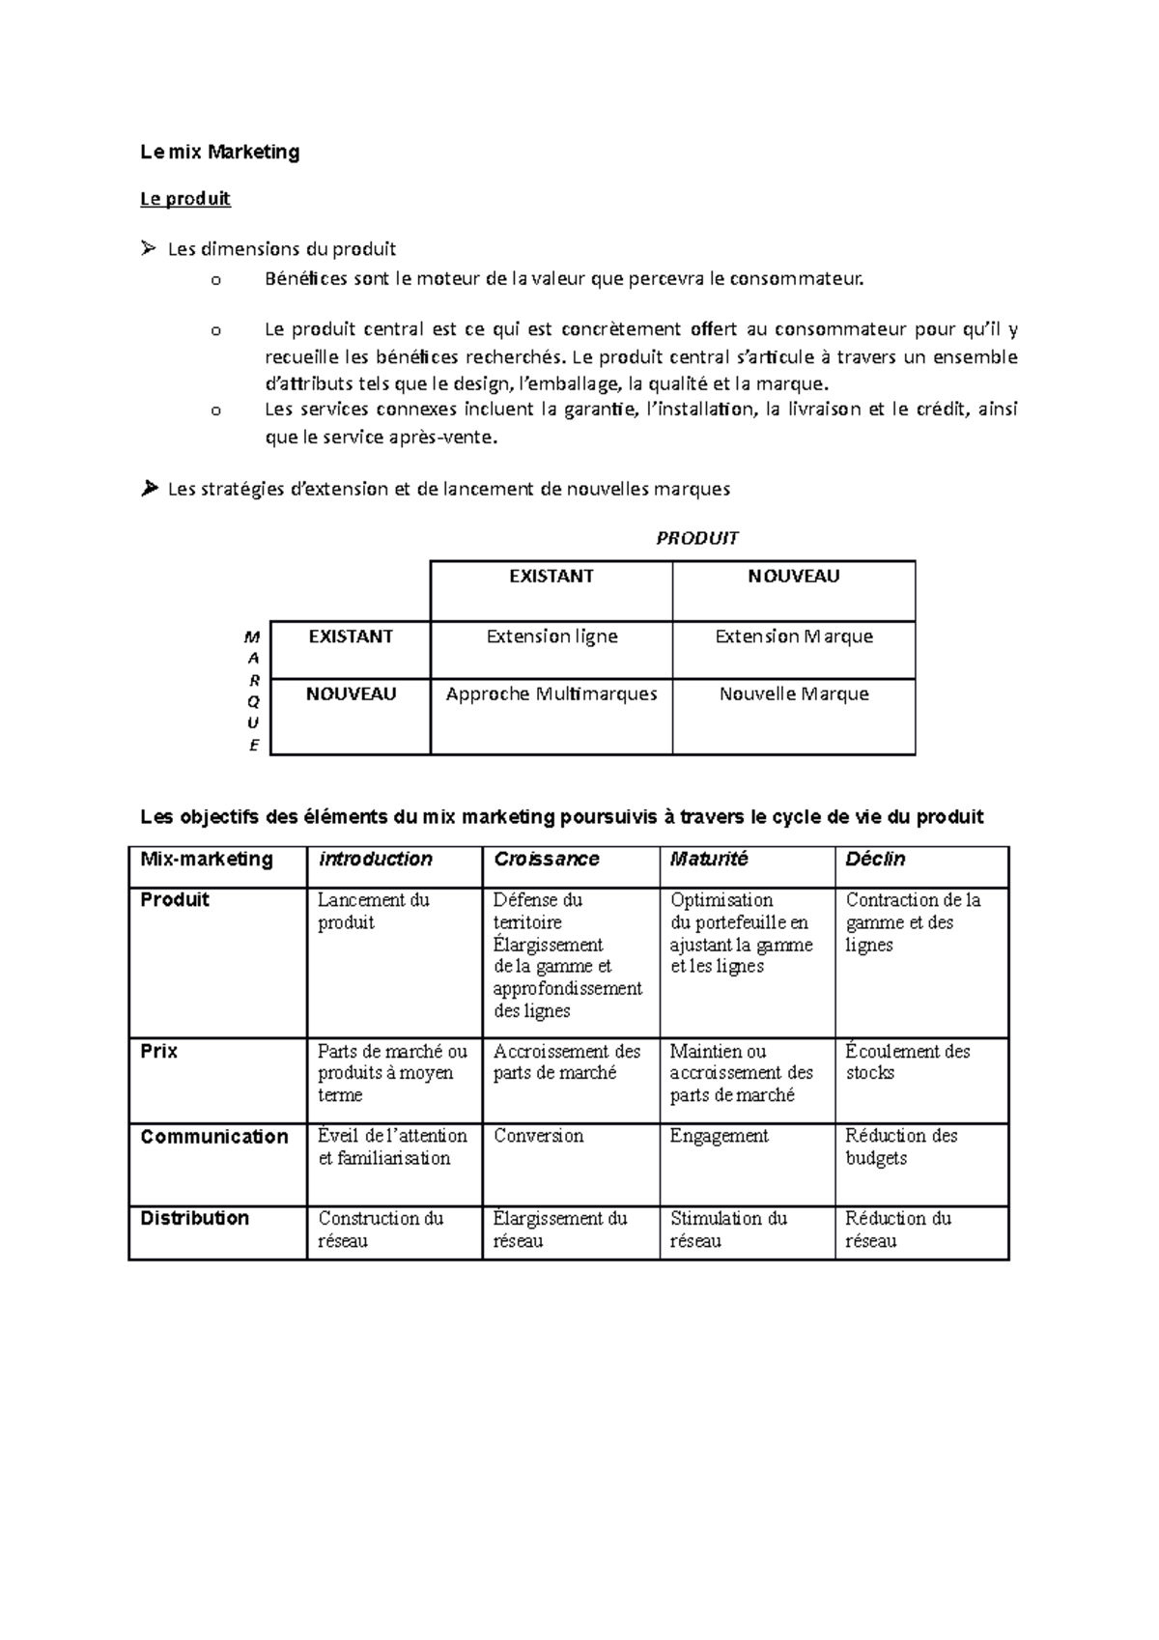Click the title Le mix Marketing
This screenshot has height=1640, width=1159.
pos(219,152)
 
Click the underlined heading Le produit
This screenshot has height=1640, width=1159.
pos(184,199)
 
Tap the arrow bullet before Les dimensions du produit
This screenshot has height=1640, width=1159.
pos(148,249)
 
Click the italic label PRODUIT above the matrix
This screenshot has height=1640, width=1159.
pos(696,538)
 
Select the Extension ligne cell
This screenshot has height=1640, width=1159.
pos(551,636)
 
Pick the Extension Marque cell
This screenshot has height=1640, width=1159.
pos(794,636)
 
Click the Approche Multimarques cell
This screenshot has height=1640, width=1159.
pos(551,694)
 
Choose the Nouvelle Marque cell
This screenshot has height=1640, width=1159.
pos(794,694)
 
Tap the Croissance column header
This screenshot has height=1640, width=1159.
pos(547,859)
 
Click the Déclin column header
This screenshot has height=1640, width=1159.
pos(875,859)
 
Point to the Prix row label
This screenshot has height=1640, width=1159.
pos(159,1051)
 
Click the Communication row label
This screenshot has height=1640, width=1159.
pos(214,1137)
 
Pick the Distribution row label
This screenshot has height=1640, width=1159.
pos(195,1218)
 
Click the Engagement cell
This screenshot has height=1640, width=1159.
pos(720,1137)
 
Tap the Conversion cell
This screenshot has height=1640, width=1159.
pos(539,1137)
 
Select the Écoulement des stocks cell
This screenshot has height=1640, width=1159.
pos(907,1061)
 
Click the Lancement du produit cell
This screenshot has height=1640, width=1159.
pos(374,911)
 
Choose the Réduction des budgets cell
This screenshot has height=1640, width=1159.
pos(900,1146)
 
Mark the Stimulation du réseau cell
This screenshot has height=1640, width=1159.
pos(728,1230)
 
